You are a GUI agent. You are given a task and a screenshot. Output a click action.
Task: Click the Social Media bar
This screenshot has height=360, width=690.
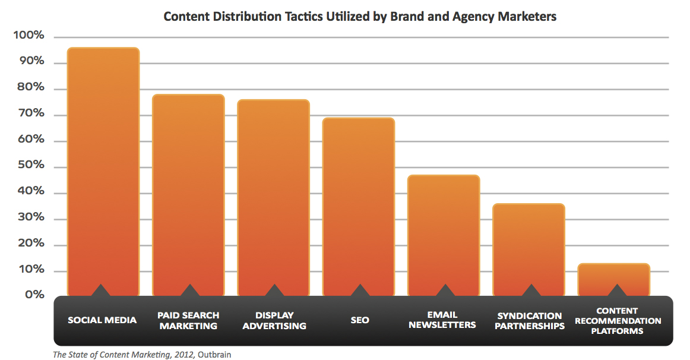tap(103, 172)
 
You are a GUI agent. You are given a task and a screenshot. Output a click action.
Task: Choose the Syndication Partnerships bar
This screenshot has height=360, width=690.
tap(529, 250)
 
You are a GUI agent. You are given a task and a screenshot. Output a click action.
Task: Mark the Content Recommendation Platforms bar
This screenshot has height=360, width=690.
tap(614, 279)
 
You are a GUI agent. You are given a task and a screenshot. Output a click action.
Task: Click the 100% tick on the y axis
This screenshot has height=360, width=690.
tap(29, 36)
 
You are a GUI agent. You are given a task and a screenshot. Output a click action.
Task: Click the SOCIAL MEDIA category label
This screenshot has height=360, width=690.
tap(102, 320)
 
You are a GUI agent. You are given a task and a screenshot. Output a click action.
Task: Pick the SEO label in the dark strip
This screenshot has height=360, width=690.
tap(359, 320)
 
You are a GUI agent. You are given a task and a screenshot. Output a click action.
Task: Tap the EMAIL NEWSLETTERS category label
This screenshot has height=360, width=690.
tap(442, 320)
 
